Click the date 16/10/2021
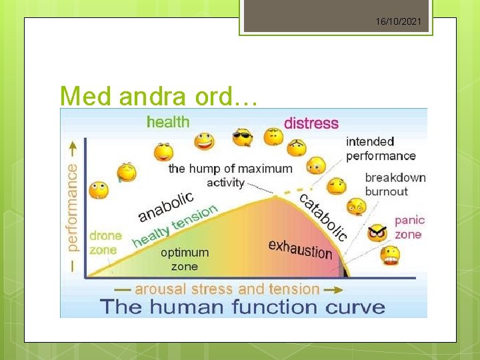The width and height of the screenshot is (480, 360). tap(398, 22)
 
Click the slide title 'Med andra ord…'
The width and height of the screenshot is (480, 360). tap(159, 96)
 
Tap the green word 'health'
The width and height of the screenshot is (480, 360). tap(168, 122)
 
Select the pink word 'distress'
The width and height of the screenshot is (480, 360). tap(311, 123)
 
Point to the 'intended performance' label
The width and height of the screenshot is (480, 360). tap(380, 149)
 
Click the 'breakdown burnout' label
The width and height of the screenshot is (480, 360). tap(395, 185)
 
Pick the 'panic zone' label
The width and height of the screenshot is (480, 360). tap(409, 227)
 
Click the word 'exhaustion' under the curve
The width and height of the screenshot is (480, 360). tap(300, 249)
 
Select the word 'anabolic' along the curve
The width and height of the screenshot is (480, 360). tap(166, 207)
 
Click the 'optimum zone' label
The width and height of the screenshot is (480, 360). tap(185, 259)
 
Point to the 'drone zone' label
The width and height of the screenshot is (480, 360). tap(105, 243)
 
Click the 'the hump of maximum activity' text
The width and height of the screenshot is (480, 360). tap(229, 175)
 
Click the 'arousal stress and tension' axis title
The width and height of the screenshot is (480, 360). tap(227, 289)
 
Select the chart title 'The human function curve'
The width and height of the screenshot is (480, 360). tap(243, 307)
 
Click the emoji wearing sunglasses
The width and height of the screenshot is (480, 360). tap(242, 138)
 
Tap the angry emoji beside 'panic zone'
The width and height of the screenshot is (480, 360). tap(378, 233)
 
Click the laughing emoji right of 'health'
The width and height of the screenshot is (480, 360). tap(204, 141)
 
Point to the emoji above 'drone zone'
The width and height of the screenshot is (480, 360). tap(99, 190)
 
